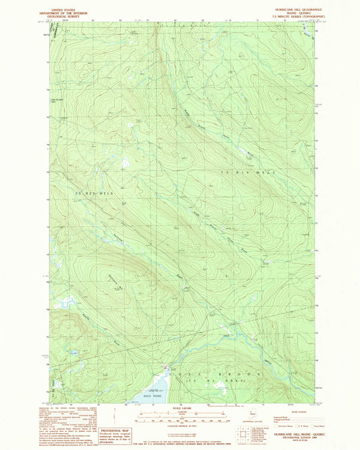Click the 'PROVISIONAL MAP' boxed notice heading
point(114,430)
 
